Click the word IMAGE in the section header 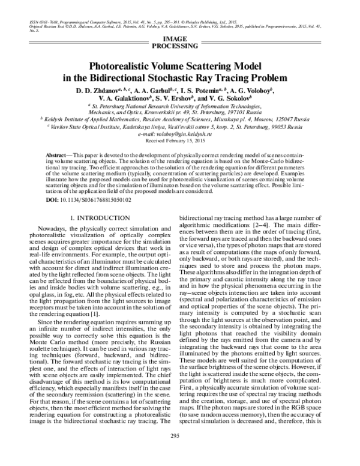[179, 38]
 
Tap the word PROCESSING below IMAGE [179, 46]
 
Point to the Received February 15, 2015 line [179, 140]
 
